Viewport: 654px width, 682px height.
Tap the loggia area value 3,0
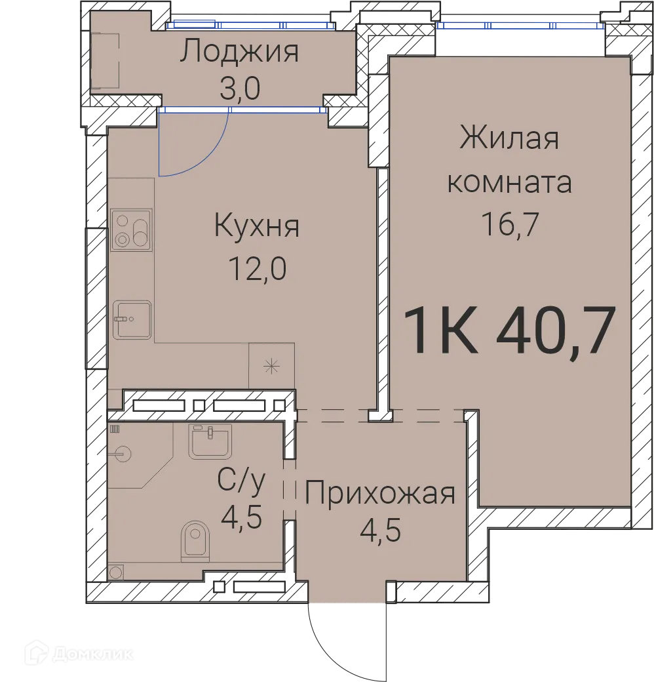pos(240,89)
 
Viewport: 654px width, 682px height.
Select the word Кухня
pos(257,227)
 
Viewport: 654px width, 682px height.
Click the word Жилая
pos(509,139)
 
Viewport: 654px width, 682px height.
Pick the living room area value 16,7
pos(509,226)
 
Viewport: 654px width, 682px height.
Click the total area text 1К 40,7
pos(509,331)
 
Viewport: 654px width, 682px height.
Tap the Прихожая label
pos(380,492)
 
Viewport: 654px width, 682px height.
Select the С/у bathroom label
pos(242,484)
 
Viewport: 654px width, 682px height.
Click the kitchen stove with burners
pos(131,230)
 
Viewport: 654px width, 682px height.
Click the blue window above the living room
pos(521,26)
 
